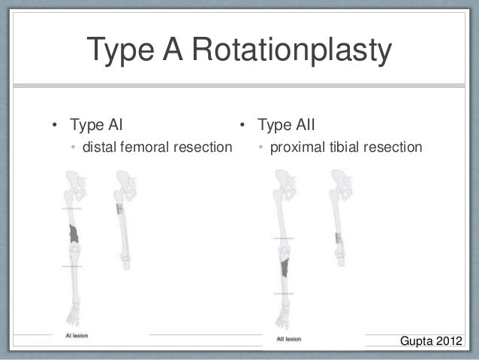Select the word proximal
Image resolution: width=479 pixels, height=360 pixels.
coord(297,146)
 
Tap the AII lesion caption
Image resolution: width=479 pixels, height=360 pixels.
coord(290,339)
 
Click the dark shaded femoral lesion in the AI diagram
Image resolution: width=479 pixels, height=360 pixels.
coord(74,234)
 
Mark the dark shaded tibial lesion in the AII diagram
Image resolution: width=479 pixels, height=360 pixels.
coord(285,268)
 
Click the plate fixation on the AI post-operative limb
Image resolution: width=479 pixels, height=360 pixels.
coord(119,210)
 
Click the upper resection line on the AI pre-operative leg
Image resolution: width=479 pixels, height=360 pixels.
coord(72,208)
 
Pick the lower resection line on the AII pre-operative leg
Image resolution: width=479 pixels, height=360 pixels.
coord(284,293)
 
